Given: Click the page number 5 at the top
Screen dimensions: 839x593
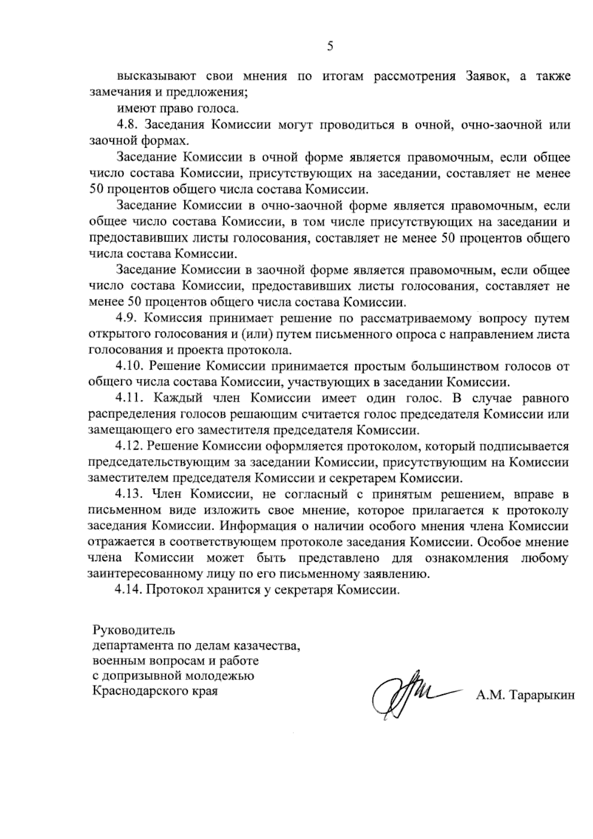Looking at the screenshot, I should (330, 46).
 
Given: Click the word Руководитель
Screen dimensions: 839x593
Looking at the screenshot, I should (133, 631).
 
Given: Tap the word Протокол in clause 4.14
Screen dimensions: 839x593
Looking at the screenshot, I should (171, 589).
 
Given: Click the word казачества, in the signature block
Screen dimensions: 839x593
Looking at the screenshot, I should (267, 646).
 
